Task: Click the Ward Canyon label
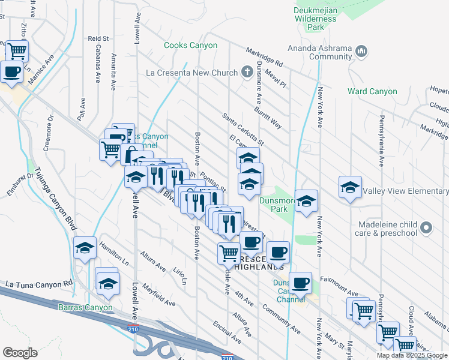[x=372, y=92]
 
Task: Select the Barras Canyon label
[x=85, y=308]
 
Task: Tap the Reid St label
[x=97, y=38]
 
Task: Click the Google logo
[x=20, y=352]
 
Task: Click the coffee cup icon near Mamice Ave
[x=11, y=72]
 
